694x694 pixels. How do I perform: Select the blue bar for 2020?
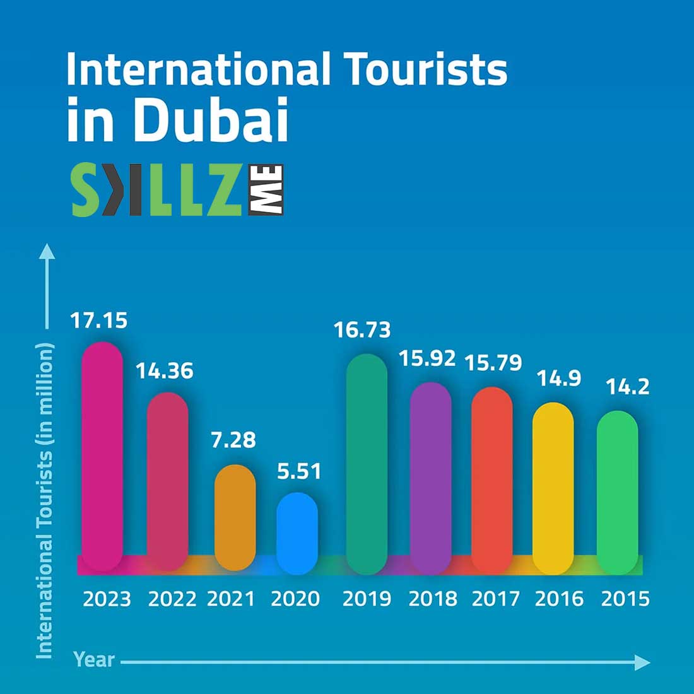coord(297,533)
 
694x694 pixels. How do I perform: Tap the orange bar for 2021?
coord(235,517)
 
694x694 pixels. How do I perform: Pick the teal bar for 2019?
coord(367,464)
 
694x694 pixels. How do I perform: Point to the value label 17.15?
coord(98,321)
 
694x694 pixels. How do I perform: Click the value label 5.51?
coord(299,471)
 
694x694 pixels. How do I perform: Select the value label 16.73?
coord(362,330)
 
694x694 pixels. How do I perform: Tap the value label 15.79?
coord(493,363)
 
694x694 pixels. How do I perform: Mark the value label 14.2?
coord(628,386)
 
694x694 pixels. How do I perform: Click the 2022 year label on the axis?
coord(172,599)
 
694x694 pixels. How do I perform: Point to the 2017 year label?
coord(496,599)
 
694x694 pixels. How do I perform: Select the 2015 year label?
coord(625,599)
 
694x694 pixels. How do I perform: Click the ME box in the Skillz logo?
coord(266,190)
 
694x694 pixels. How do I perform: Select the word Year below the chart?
coord(94,660)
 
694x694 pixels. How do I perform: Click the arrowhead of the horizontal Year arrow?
coord(642,662)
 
